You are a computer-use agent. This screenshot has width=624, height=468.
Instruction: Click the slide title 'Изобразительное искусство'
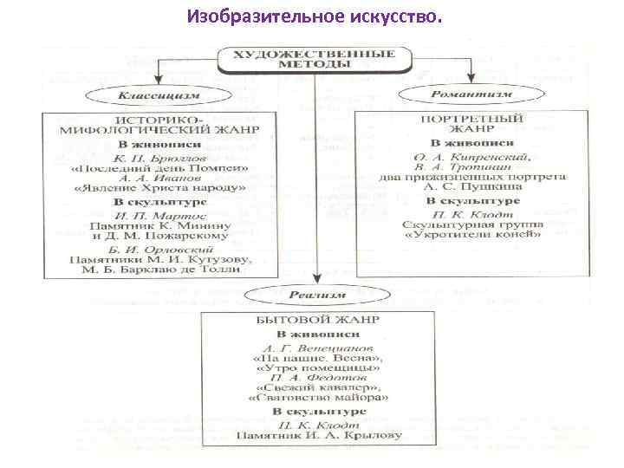point(313,16)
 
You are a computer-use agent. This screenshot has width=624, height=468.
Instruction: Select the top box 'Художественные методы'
point(315,59)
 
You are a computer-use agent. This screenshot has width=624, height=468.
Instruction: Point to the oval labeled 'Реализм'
point(317,295)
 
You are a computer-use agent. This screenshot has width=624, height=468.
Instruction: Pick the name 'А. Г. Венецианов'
point(317,345)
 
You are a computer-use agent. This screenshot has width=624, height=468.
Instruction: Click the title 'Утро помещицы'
point(317,367)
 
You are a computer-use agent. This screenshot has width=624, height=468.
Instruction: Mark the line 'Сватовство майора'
point(317,400)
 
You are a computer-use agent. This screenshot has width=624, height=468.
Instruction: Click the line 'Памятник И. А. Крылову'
point(317,434)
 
